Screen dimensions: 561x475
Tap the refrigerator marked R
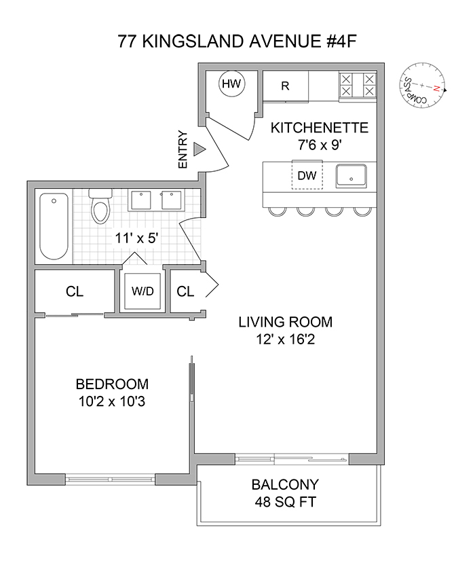286,86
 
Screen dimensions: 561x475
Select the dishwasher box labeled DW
307,175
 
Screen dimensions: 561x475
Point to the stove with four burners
358,85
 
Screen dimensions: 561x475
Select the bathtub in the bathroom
54,226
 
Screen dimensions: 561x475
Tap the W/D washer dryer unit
142,291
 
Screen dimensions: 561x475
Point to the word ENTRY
182,149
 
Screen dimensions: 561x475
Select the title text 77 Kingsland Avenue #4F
237,42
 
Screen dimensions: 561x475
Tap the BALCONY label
285,486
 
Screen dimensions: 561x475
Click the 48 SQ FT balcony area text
285,505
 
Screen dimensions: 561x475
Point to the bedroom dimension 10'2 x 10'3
113,402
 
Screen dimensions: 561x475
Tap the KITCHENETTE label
319,128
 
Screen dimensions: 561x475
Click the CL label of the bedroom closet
75,291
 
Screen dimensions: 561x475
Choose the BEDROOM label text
113,384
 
